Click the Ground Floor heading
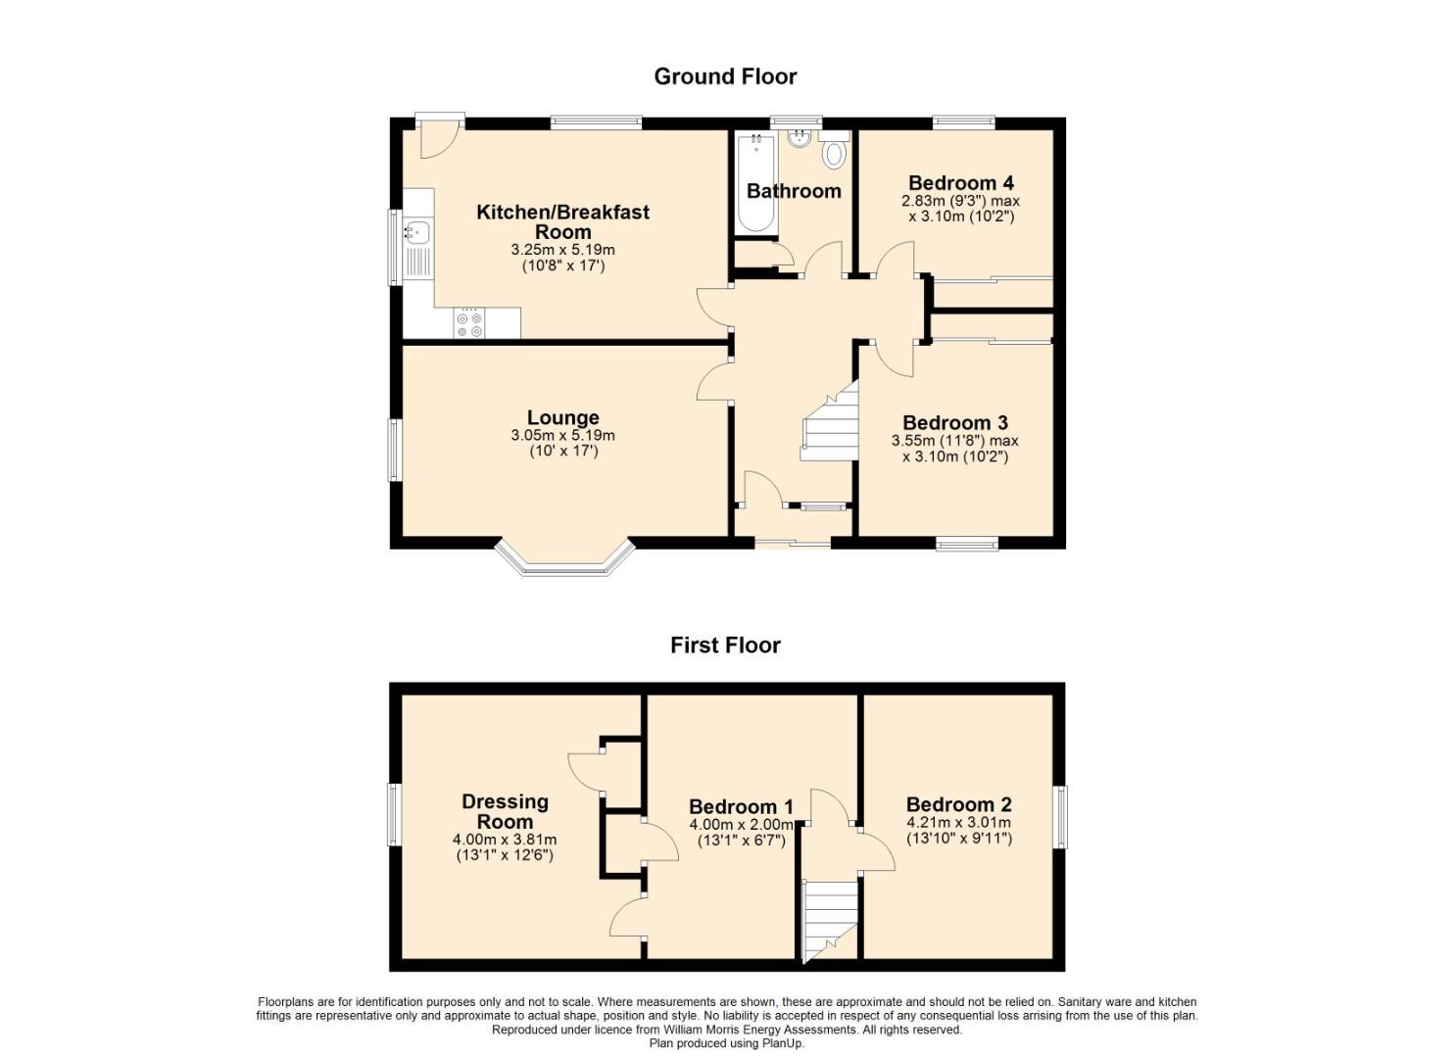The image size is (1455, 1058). point(725,76)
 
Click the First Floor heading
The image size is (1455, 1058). point(725,645)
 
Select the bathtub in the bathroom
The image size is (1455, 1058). point(756,182)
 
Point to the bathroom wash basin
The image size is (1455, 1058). point(799,138)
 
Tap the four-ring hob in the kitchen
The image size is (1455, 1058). point(469,323)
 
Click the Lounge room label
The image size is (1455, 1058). point(562,417)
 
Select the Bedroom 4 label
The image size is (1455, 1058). point(961,182)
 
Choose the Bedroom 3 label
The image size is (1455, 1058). point(955,423)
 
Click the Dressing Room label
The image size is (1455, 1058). point(505,811)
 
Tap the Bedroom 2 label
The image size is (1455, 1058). point(959,804)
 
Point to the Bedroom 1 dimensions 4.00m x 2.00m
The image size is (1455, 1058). point(741,824)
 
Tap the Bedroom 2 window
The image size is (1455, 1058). point(1060,817)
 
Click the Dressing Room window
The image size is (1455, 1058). point(394,814)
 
